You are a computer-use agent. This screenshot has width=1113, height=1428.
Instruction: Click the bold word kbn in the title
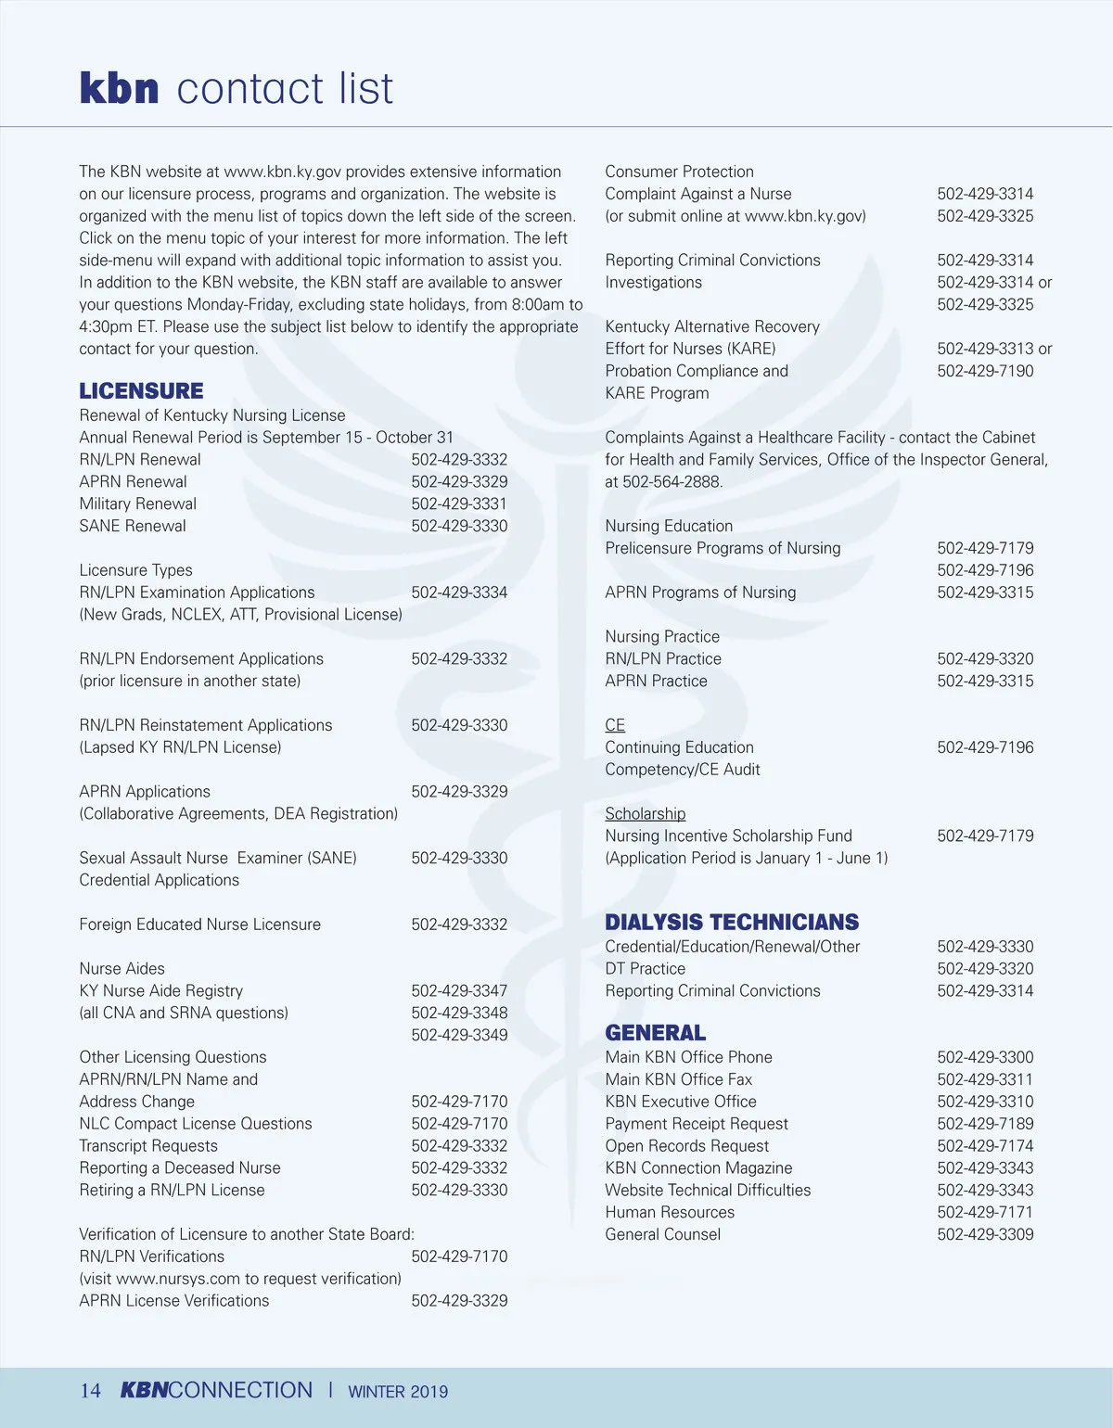click(119, 89)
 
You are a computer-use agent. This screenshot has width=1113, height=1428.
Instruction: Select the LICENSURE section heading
click(141, 390)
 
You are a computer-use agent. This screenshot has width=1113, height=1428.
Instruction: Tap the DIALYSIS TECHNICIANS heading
click(732, 922)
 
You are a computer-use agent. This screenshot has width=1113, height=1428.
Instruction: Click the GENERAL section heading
click(655, 1032)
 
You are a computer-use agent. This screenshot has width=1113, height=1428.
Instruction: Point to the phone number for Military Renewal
click(459, 504)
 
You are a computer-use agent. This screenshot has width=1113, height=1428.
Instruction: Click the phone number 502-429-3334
click(459, 593)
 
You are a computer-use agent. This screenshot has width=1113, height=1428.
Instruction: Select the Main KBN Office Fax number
click(985, 1079)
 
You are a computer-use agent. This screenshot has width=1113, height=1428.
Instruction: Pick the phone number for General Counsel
click(985, 1234)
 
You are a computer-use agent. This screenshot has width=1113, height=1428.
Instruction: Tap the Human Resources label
click(670, 1212)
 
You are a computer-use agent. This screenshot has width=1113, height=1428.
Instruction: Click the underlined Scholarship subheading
click(645, 813)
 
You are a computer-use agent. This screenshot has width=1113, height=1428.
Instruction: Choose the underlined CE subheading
click(615, 725)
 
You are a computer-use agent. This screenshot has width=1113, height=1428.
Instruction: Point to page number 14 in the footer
click(90, 1391)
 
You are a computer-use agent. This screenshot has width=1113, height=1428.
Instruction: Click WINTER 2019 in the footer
click(398, 1392)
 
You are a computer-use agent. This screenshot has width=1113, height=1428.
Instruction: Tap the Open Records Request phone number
click(985, 1146)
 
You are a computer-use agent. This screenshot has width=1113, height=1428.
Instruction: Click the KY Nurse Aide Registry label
click(161, 990)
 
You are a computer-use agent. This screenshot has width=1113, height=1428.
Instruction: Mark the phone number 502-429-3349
click(459, 1035)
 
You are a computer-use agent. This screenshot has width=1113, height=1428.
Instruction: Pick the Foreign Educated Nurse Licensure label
click(200, 924)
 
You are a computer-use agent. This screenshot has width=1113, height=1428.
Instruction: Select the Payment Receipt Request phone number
click(985, 1124)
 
